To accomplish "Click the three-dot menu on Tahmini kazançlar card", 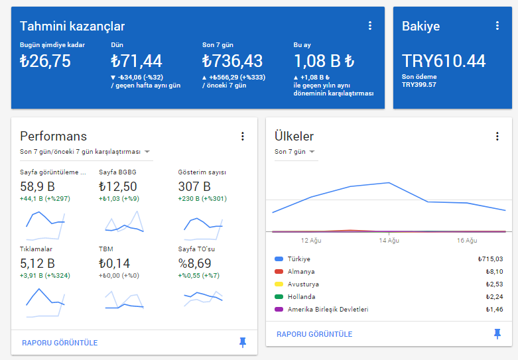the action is (370, 26).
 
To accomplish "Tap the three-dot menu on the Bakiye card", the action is (497, 26).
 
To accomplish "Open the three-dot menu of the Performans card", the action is (243, 137).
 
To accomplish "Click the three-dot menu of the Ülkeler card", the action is (497, 137).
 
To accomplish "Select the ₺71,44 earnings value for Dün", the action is (137, 61).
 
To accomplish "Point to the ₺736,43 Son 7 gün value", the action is (232, 61).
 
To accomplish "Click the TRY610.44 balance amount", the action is (444, 61).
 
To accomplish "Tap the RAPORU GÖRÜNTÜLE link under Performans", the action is (60, 343).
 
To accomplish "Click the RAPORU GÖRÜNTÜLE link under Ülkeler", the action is (314, 334).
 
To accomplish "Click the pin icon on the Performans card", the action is (243, 343).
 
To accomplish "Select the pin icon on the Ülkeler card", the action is (497, 334).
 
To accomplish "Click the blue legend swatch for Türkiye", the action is (279, 259).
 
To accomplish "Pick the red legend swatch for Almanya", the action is (279, 271).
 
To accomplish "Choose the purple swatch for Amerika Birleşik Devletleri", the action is (279, 309).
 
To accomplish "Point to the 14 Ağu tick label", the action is (389, 241).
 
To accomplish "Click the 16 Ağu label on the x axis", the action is (467, 241).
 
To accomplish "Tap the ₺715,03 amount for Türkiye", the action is (491, 259).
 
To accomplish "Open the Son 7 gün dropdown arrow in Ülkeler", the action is (312, 152).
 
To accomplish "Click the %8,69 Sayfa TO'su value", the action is (194, 263).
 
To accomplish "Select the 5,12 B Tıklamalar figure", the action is (37, 263).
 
